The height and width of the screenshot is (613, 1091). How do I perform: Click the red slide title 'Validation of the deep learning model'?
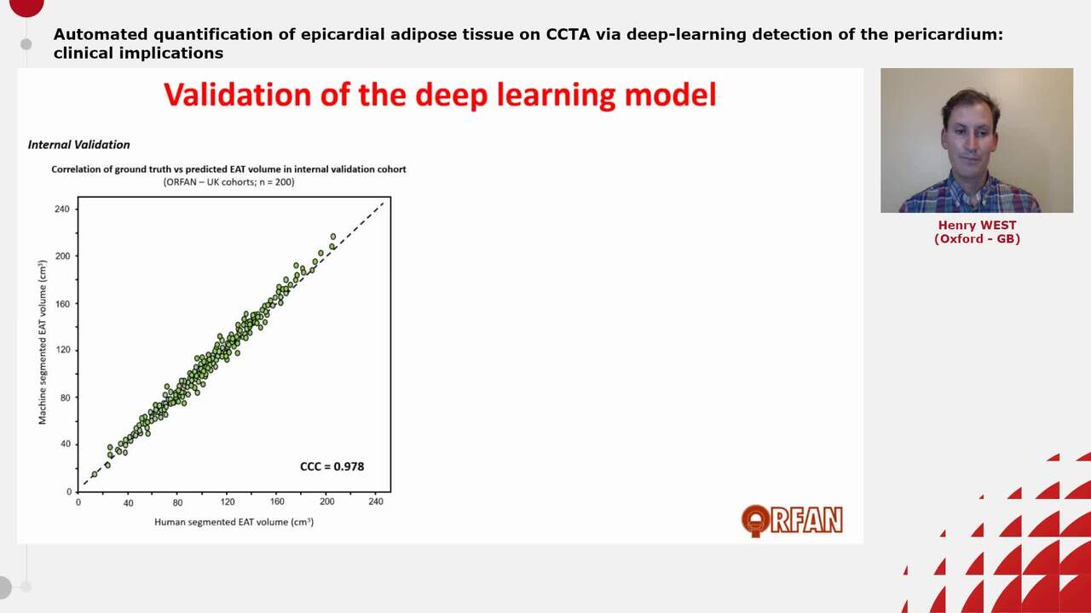pos(439,95)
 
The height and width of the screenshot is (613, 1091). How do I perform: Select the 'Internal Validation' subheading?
pos(78,145)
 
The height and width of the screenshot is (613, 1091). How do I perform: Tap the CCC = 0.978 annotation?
pos(332,467)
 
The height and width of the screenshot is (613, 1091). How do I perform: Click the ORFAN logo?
pos(792,520)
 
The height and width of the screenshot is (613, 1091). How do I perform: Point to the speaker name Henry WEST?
pos(977,226)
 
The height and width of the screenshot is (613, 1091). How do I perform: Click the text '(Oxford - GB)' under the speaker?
pos(977,238)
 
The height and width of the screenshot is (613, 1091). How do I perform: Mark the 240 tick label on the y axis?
pos(62,209)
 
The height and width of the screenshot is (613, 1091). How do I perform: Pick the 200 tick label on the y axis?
pos(62,256)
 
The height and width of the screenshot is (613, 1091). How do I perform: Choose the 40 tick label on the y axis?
pos(65,444)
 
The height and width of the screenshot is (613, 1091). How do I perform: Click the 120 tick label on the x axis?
pos(228,502)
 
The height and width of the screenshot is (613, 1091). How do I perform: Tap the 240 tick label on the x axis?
pos(376,502)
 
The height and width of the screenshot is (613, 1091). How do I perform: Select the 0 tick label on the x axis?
pos(78,502)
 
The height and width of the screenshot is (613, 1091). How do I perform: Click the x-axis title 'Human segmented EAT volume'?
pos(234,522)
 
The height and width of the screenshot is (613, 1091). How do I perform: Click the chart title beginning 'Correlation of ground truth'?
pos(228,169)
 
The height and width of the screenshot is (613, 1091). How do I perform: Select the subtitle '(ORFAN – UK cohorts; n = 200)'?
pos(228,182)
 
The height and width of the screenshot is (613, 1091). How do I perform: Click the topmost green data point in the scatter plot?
pos(333,237)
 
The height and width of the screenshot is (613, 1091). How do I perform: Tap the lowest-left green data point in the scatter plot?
pos(94,474)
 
